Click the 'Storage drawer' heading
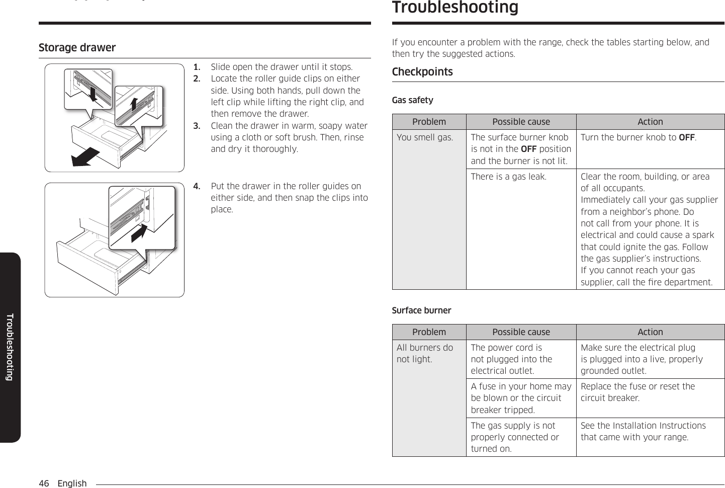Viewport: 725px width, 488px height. [77, 48]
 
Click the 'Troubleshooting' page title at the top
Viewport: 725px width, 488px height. [455, 8]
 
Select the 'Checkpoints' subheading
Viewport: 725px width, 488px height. [422, 72]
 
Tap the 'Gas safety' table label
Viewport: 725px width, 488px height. [412, 100]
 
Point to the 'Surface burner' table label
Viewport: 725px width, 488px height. [421, 310]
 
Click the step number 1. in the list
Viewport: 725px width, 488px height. [197, 67]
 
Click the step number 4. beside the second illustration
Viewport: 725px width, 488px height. [197, 186]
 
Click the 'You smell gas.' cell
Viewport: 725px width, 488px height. [424, 137]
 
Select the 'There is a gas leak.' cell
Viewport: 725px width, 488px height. [508, 177]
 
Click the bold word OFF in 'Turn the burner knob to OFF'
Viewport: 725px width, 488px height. [686, 137]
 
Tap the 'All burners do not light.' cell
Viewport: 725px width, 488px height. [424, 353]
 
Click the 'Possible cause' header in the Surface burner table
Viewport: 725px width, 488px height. [521, 332]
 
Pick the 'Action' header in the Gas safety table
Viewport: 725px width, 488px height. [650, 122]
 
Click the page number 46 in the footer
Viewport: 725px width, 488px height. [44, 483]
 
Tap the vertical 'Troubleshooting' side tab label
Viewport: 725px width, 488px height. [10, 347]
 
